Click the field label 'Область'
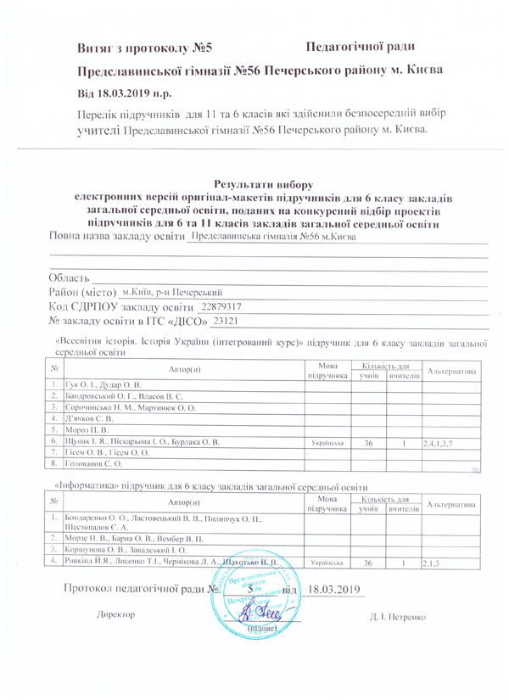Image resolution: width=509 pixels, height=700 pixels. (x=70, y=277)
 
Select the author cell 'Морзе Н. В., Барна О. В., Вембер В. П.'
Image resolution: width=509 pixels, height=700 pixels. (x=134, y=538)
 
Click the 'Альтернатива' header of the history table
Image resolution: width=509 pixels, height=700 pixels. (x=452, y=372)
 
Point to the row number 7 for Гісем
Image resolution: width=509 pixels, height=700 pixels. (x=53, y=453)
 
